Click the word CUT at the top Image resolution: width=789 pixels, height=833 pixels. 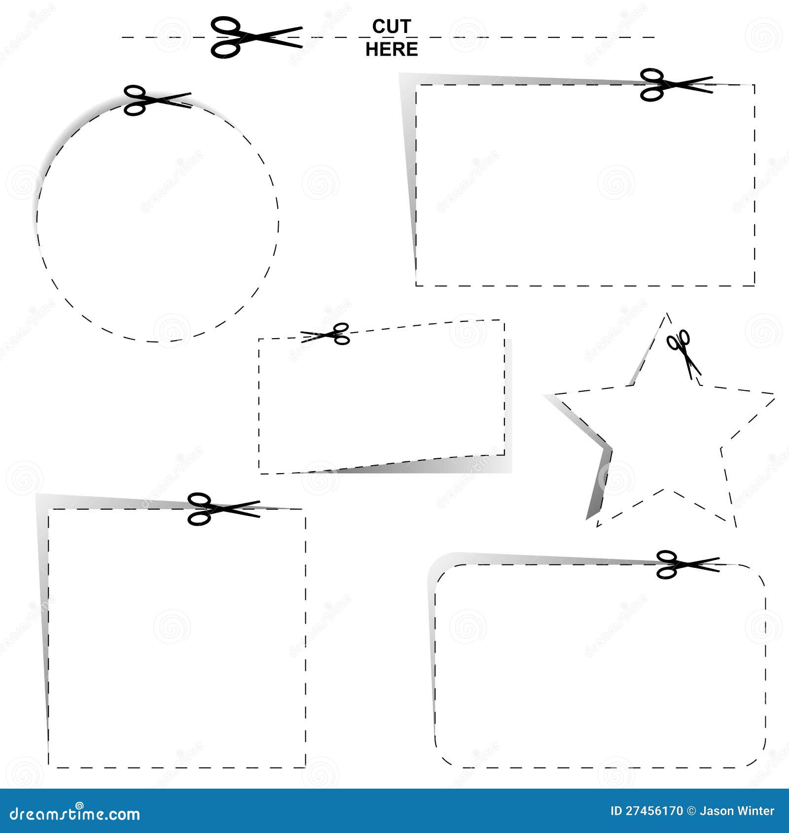[x=392, y=27]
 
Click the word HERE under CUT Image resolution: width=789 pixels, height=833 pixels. [x=392, y=49]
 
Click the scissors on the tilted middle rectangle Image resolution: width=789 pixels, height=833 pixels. [x=326, y=334]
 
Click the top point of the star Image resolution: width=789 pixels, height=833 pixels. [x=667, y=313]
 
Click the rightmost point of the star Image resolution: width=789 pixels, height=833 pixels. [x=773, y=394]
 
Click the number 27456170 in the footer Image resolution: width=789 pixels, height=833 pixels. [x=654, y=811]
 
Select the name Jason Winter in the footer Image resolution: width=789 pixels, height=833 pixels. [x=737, y=811]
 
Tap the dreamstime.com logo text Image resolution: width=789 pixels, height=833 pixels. [x=75, y=813]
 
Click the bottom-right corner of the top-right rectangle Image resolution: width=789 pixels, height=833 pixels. [x=754, y=285]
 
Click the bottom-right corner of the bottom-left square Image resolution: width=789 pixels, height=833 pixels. [x=305, y=767]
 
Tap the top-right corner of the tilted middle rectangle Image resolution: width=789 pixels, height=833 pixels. [x=503, y=321]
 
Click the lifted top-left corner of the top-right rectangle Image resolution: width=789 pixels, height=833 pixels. [x=401, y=75]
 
